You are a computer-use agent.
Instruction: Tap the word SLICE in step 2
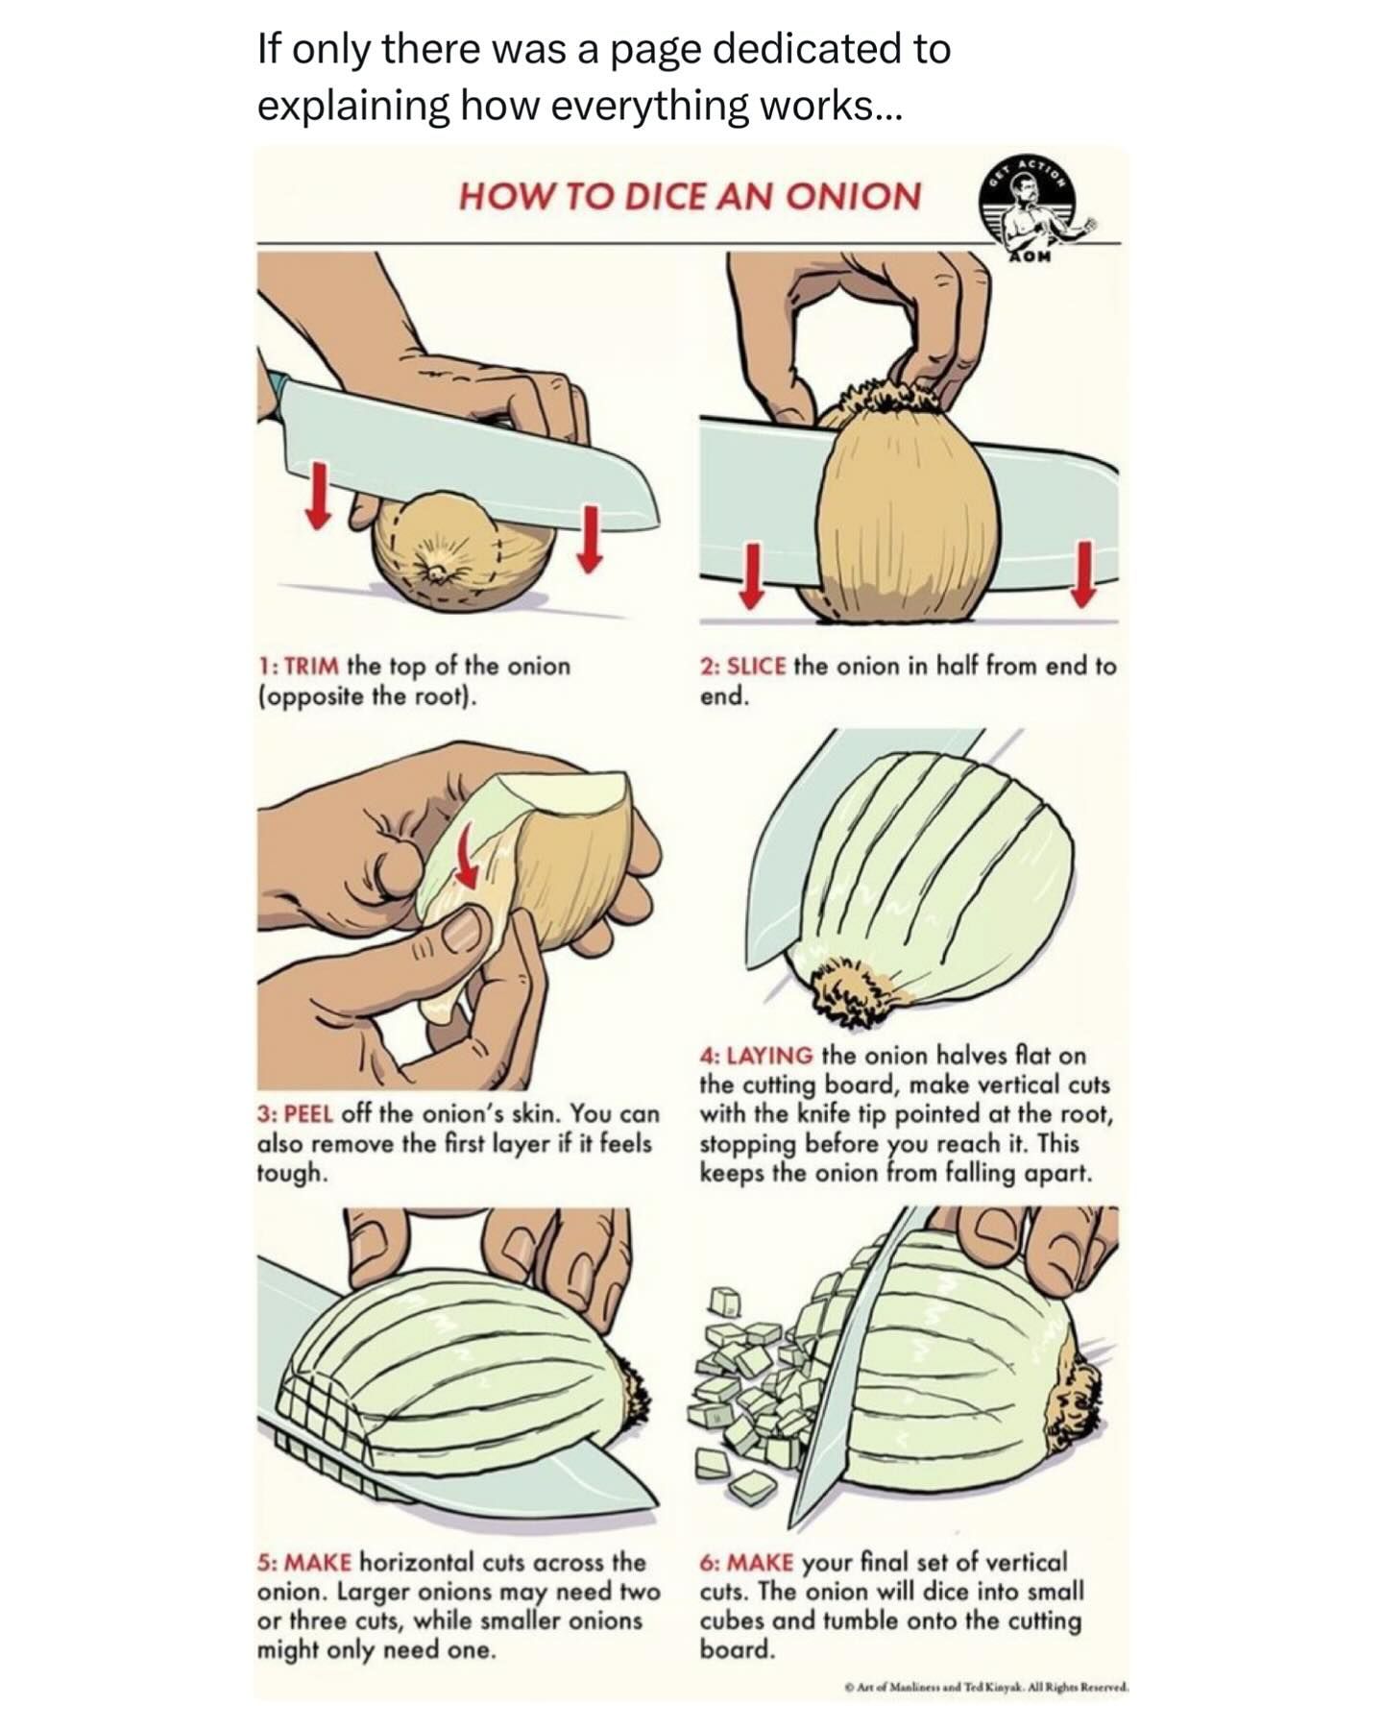(x=757, y=666)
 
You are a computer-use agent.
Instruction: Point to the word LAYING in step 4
(x=770, y=1056)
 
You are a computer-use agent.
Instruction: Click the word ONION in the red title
(x=853, y=196)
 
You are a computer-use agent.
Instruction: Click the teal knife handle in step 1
(x=277, y=393)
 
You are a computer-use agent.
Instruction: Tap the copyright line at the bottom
(x=985, y=1686)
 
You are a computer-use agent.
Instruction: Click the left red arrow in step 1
(x=318, y=494)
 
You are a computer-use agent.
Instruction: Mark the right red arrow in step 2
(x=1084, y=573)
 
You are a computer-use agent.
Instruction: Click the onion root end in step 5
(x=635, y=1384)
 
